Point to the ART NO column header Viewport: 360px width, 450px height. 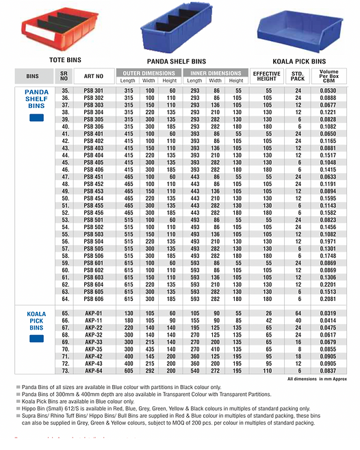coord(93,76)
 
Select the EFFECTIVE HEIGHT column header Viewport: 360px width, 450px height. coord(266,76)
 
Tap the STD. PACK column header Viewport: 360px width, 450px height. coord(297,76)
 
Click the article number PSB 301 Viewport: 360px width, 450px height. coord(93,90)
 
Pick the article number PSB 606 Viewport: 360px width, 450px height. coord(93,299)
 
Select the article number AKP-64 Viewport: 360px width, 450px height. coord(93,371)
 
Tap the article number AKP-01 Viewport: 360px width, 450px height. coord(93,313)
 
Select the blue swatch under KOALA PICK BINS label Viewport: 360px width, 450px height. coord(37,341)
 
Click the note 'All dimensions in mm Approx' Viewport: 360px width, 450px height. coord(317,378)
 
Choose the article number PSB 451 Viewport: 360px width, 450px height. coord(93,177)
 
